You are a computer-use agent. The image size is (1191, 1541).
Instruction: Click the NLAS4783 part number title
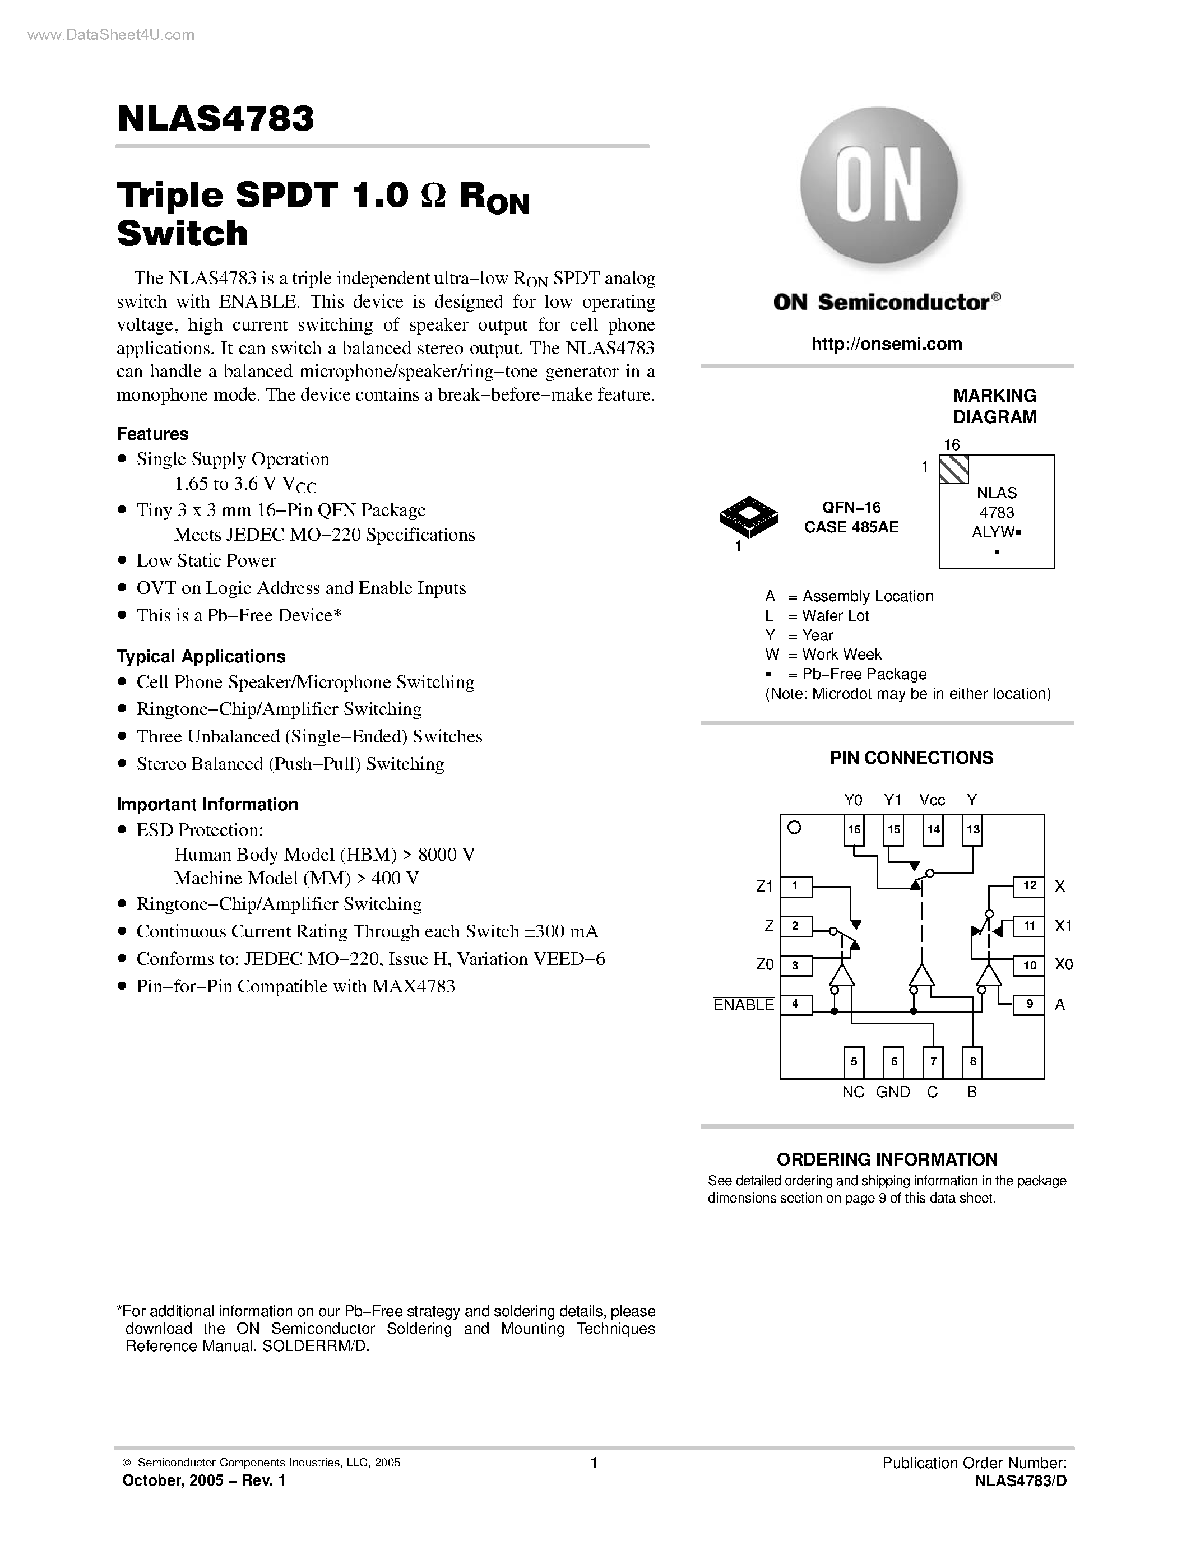pyautogui.click(x=215, y=119)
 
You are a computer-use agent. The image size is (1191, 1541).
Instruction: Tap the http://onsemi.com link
pyautogui.click(x=886, y=344)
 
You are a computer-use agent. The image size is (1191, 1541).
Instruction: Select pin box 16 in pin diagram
pyautogui.click(x=854, y=829)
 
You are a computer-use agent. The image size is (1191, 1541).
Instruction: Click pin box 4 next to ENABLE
pyautogui.click(x=795, y=1004)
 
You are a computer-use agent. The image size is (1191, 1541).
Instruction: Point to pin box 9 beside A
pyautogui.click(x=1030, y=1004)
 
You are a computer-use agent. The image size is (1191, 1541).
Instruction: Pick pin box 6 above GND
pyautogui.click(x=893, y=1061)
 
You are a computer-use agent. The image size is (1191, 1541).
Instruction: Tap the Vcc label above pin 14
pyautogui.click(x=932, y=800)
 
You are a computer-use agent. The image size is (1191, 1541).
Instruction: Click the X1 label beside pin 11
pyautogui.click(x=1063, y=926)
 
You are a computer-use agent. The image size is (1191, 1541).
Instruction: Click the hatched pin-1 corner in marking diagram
pyautogui.click(x=954, y=469)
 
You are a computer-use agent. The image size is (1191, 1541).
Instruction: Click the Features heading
pyautogui.click(x=152, y=434)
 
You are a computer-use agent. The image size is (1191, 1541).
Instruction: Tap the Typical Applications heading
pyautogui.click(x=201, y=656)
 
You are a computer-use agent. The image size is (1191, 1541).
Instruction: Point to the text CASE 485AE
pyautogui.click(x=851, y=527)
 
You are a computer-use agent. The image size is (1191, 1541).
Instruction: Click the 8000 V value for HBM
pyautogui.click(x=446, y=855)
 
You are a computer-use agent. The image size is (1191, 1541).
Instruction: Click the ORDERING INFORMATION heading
pyautogui.click(x=887, y=1159)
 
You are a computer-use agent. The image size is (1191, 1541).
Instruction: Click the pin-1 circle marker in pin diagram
pyautogui.click(x=794, y=828)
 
